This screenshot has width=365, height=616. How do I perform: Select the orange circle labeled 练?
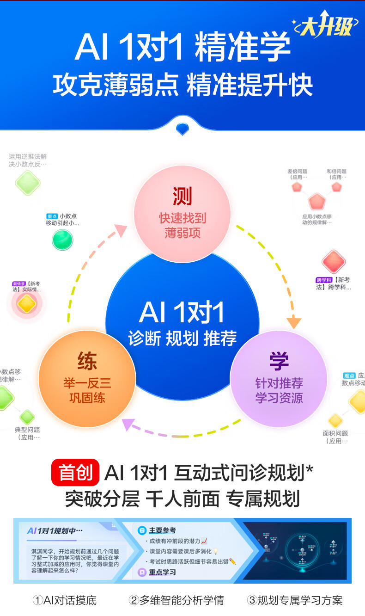pyautogui.click(x=87, y=378)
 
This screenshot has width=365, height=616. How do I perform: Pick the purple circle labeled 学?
pyautogui.click(x=279, y=378)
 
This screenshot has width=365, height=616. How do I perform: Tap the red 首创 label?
pyautogui.click(x=75, y=472)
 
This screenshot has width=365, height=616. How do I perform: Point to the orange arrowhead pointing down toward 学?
pyautogui.click(x=294, y=322)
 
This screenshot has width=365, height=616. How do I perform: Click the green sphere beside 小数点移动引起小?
pyautogui.click(x=62, y=240)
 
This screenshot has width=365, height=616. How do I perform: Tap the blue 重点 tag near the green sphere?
pyautogui.click(x=51, y=216)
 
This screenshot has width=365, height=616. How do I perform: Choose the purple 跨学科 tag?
pyautogui.click(x=324, y=280)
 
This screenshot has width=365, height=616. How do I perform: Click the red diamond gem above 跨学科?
pyautogui.click(x=334, y=262)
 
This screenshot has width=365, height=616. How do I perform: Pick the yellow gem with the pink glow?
pyautogui.click(x=26, y=304)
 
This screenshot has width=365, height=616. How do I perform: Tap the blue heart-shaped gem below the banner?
pyautogui.click(x=182, y=128)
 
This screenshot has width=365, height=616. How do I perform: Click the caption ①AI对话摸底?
pyautogui.click(x=64, y=600)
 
